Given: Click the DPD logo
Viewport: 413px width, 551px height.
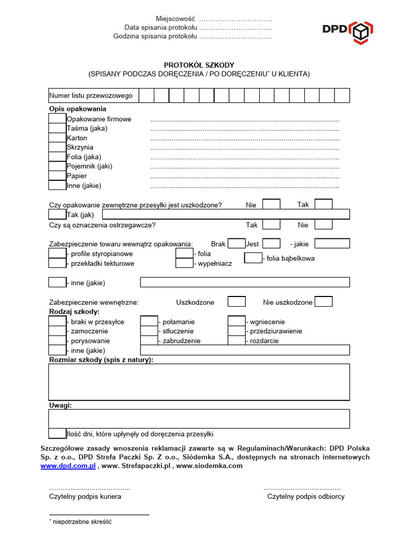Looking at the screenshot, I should (347, 31).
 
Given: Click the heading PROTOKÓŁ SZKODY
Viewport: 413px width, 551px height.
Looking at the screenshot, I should (199, 65).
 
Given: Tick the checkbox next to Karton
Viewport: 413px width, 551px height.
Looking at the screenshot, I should (57, 138).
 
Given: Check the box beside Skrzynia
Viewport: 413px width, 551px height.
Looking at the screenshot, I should (57, 147).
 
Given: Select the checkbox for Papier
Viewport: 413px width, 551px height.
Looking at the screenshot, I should (57, 176).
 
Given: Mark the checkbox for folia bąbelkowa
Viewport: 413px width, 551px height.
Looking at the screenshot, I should (253, 258).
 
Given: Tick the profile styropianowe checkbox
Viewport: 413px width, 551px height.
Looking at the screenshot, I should (57, 253).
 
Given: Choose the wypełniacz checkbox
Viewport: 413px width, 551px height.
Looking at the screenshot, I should (184, 263).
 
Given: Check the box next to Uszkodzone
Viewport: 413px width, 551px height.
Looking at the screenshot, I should (237, 302).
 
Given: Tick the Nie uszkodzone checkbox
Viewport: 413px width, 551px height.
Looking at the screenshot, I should (323, 302).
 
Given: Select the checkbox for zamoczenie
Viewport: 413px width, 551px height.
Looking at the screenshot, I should (57, 331).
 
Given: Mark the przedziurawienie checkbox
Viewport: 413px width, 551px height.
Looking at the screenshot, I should (237, 331).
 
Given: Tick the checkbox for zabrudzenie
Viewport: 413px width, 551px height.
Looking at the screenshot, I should (149, 341).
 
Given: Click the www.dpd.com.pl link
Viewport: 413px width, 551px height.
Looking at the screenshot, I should (68, 466).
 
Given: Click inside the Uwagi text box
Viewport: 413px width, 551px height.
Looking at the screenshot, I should (199, 419).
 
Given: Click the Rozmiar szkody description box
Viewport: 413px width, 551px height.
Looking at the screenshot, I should (199, 382).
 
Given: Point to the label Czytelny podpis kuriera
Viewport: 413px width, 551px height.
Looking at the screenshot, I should (85, 496).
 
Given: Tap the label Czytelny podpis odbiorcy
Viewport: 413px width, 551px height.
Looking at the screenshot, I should (306, 496).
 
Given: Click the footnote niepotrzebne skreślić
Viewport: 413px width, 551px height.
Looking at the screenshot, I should (82, 521).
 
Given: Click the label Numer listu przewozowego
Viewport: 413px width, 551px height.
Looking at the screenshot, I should (91, 96).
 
